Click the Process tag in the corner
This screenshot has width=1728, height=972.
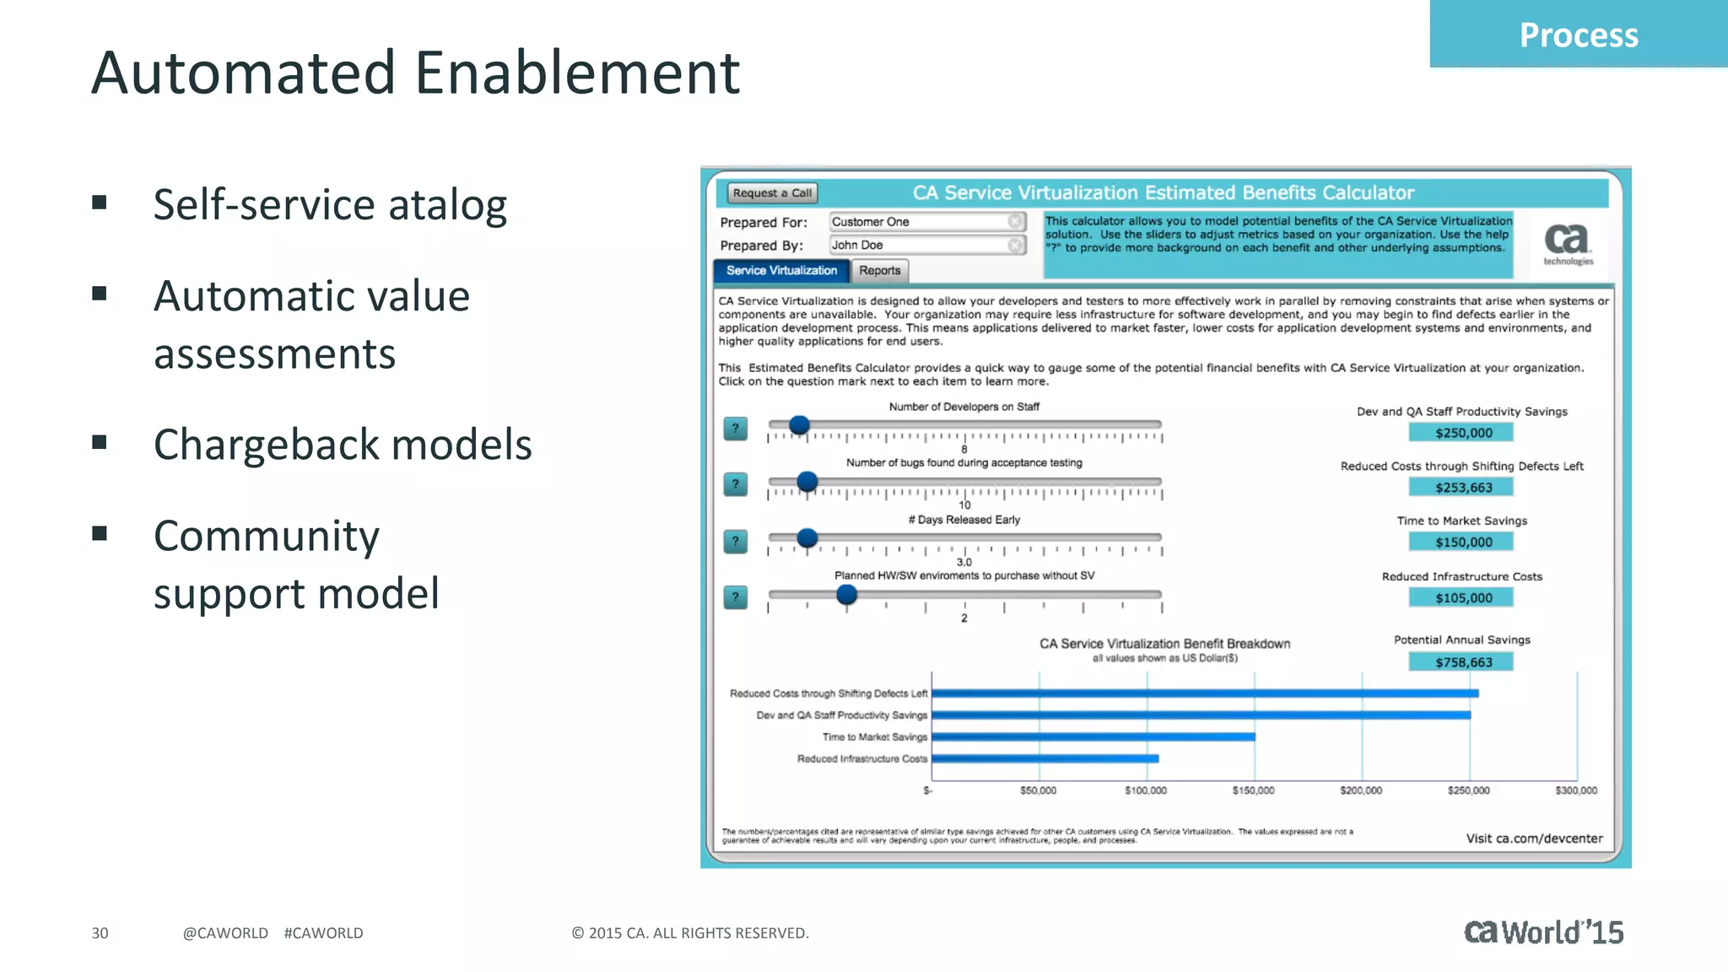[1578, 35]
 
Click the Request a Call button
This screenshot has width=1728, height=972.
[771, 193]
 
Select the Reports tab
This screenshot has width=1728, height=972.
[879, 271]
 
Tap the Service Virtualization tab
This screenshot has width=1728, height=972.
[781, 271]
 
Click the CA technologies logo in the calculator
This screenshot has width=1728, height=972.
[1568, 244]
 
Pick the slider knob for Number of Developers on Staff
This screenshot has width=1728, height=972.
[799, 425]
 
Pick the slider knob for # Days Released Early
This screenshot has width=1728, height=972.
[807, 537]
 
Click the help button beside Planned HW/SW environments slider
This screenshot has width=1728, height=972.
[736, 597]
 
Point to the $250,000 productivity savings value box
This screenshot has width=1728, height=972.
[1462, 433]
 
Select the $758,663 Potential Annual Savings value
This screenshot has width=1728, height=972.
[1462, 662]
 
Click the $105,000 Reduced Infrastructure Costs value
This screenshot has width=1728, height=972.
[1462, 598]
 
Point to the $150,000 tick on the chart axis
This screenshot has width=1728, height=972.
[1253, 791]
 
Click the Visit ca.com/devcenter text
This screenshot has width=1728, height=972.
[1534, 839]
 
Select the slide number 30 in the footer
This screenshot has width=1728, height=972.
[100, 933]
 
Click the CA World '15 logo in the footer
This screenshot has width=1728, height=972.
[1542, 931]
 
